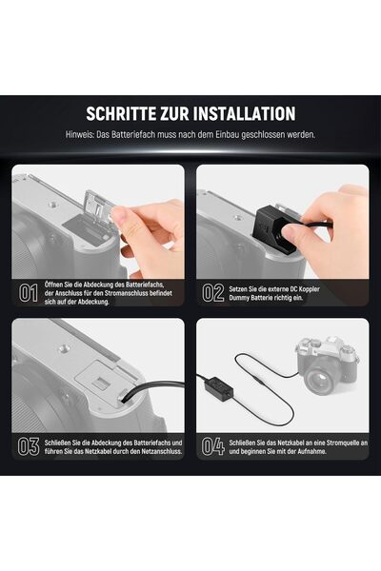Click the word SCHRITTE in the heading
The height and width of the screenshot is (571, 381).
pos(121,113)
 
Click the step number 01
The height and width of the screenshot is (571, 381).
pos(28,293)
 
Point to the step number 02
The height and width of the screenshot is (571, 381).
pos(213,293)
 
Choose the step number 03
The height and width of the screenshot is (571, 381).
pos(29,447)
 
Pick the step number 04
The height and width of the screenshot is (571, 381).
pos(213,447)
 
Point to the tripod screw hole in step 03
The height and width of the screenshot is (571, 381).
pos(65,348)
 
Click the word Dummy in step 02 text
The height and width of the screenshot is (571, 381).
pos(239,298)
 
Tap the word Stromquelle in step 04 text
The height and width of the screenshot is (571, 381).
pos(337,443)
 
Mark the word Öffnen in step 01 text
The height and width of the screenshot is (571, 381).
pos(54,285)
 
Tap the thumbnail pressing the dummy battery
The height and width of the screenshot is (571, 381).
pos(291,232)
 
